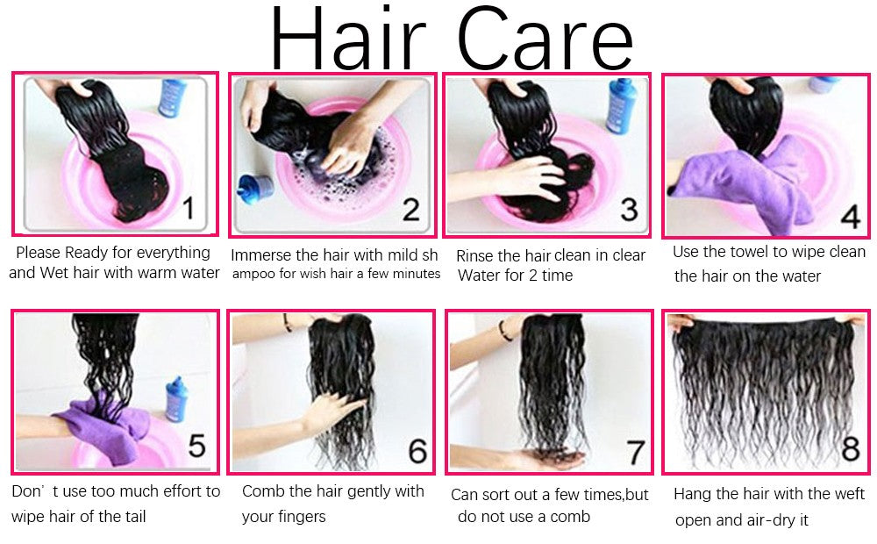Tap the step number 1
189,208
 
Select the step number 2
411,210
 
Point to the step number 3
629,210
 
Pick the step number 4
851,217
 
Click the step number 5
196,446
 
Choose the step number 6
417,451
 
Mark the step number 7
636,452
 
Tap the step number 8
851,448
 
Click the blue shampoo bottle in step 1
172,98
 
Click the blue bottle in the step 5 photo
177,399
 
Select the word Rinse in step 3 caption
474,256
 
